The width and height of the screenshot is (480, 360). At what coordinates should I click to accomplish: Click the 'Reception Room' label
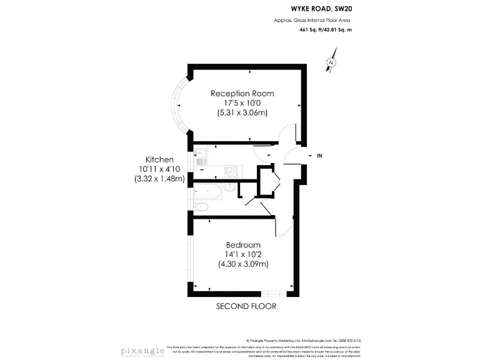point(242,94)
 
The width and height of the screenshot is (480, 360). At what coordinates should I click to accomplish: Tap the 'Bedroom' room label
point(243,244)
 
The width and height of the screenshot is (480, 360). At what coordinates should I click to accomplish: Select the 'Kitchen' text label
point(159,159)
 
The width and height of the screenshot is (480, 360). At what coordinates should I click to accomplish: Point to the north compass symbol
point(331,62)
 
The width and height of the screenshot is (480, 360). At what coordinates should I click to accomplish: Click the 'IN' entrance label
point(320,156)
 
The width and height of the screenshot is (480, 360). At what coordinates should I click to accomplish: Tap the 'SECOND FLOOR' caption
point(246,306)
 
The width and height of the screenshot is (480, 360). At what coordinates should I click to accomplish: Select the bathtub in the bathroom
point(207,191)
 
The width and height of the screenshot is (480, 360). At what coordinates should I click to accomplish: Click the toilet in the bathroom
point(202,207)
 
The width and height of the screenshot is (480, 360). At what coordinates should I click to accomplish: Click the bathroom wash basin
point(231,186)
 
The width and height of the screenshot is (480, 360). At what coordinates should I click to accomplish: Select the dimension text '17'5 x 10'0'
point(242,103)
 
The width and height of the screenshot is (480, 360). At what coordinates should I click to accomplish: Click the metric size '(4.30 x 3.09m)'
point(243,264)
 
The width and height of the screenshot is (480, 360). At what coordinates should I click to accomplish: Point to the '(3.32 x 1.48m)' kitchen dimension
point(159,179)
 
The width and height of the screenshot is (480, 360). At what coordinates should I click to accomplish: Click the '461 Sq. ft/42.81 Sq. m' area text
point(325,29)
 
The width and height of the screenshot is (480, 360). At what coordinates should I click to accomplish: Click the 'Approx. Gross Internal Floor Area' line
point(312,20)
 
